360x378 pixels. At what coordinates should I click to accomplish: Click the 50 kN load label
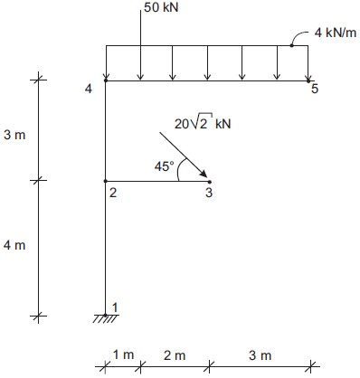161,7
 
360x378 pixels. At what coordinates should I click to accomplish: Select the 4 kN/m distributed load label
336,33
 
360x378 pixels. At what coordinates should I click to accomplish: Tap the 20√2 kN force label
203,123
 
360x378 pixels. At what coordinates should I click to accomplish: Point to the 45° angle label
165,166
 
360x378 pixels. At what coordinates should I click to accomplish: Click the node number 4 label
89,89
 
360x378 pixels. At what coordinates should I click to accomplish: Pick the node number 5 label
315,89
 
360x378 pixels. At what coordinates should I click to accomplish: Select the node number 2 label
113,193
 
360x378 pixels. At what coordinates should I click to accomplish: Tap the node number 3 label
209,193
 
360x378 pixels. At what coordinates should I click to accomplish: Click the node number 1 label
115,307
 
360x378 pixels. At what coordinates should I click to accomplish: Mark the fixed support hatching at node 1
105,318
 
